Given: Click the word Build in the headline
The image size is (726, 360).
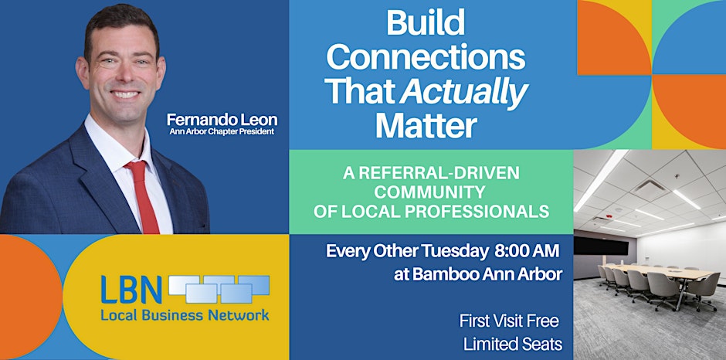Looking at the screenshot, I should [426, 23].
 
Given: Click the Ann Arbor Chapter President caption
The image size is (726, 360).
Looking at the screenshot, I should [221, 131].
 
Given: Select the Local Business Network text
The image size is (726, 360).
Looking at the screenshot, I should [185, 314].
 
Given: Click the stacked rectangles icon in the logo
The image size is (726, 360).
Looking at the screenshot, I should [219, 288].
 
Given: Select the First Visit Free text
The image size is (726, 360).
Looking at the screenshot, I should [509, 321].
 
